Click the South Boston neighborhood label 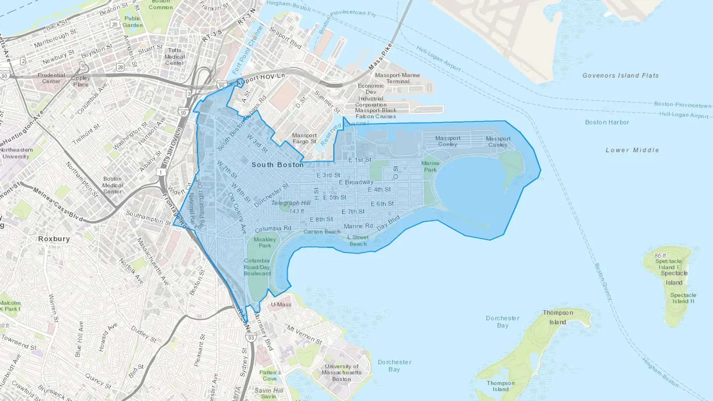pyautogui.click(x=277, y=165)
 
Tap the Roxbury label pyautogui.click(x=54, y=239)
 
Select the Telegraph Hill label pyautogui.click(x=291, y=203)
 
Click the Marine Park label pyautogui.click(x=430, y=166)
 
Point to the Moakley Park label pyautogui.click(x=265, y=242)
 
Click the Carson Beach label pyautogui.click(x=322, y=232)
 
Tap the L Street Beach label pyautogui.click(x=358, y=240)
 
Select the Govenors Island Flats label pyautogui.click(x=620, y=75)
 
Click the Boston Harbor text pyautogui.click(x=607, y=122)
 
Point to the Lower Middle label pyautogui.click(x=632, y=150)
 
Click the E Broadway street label pyautogui.click(x=356, y=182)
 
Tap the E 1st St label pyautogui.click(x=360, y=160)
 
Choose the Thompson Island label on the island pyautogui.click(x=558, y=317)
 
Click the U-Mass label pyautogui.click(x=281, y=304)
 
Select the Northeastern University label pyautogui.click(x=16, y=153)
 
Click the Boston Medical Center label pyautogui.click(x=112, y=185)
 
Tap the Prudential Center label pyautogui.click(x=51, y=78)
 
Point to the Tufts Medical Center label pyautogui.click(x=175, y=56)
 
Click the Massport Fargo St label pyautogui.click(x=304, y=138)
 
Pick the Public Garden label pyautogui.click(x=132, y=21)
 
